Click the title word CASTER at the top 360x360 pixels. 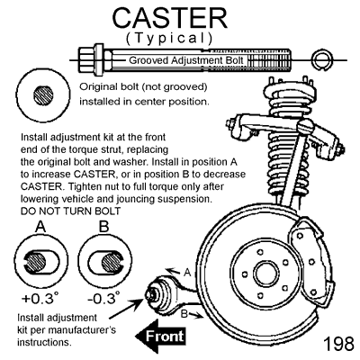click(170, 18)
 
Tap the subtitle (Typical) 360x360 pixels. click(169, 38)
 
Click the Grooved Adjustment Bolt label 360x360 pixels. click(186, 60)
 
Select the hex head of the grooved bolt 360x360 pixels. click(87, 60)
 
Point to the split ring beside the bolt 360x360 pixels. click(321, 59)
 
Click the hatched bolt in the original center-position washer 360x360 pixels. click(43, 95)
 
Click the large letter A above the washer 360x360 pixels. click(40, 227)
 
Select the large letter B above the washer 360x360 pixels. click(103, 227)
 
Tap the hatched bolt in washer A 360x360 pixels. click(36, 262)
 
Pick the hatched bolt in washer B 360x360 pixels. click(112, 262)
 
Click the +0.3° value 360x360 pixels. click(40, 298)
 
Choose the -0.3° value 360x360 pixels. click(103, 298)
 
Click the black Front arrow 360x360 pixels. click(160, 337)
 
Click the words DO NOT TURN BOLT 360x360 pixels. click(70, 211)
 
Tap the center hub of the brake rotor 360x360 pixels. click(268, 273)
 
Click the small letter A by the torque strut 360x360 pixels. click(187, 273)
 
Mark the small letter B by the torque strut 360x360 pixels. click(184, 314)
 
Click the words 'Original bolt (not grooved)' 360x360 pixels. click(143, 87)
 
